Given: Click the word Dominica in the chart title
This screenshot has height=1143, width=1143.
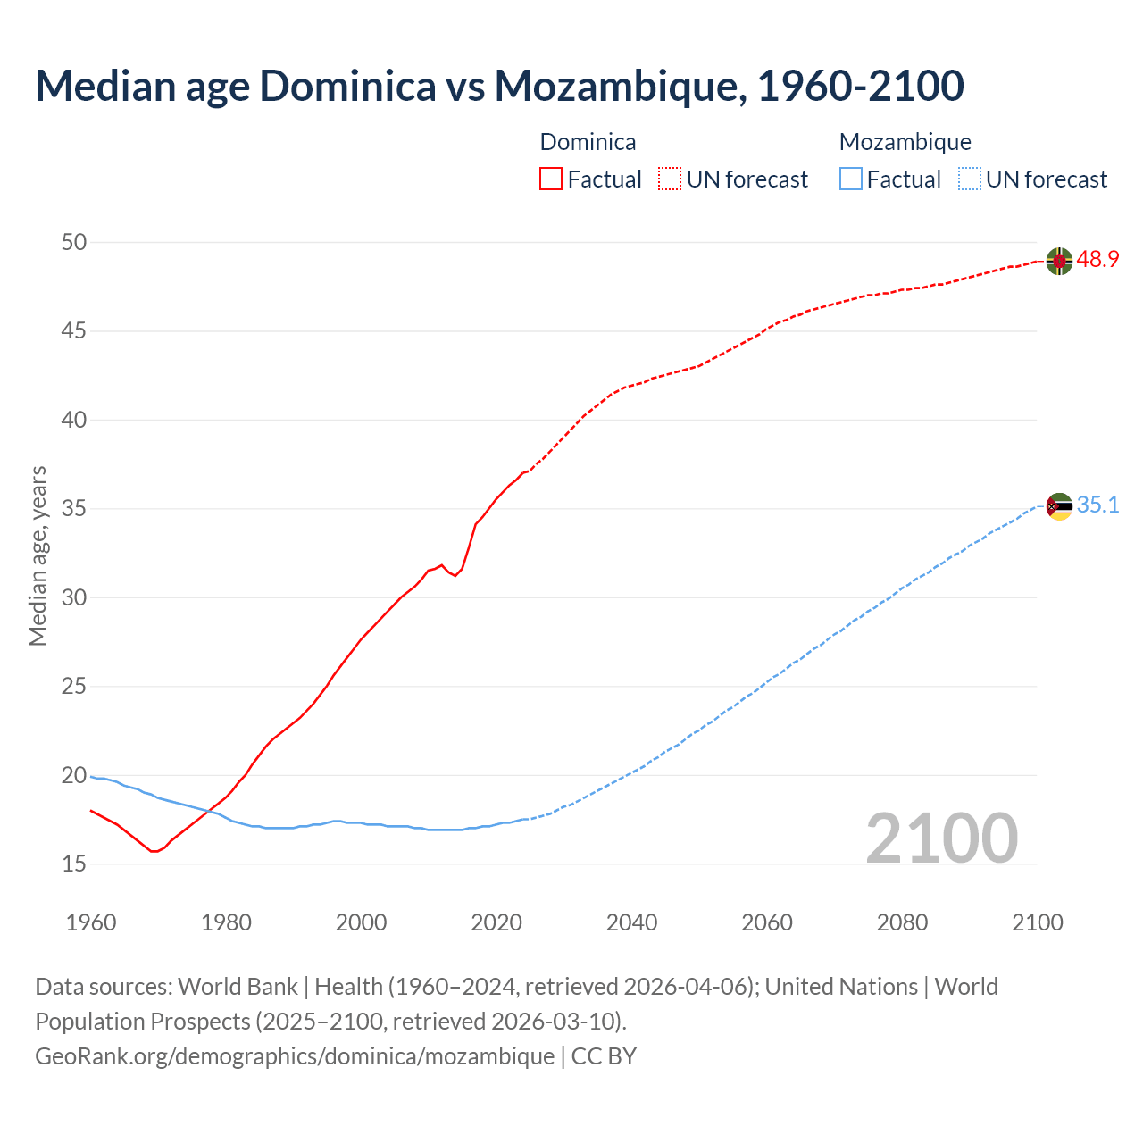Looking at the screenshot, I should click(347, 86).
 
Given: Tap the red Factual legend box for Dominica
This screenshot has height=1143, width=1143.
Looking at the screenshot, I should click(551, 179).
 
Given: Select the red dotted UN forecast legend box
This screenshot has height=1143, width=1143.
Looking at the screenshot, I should click(670, 179).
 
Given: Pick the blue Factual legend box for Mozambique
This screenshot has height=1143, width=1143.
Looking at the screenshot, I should click(850, 179).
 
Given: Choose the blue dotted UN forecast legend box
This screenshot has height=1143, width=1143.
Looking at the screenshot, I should click(969, 179).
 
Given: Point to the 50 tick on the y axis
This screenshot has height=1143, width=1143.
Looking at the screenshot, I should click(75, 242).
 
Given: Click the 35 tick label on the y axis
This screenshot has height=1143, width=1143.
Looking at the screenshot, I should click(75, 509).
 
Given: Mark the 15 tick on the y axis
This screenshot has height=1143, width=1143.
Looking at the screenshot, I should click(75, 864).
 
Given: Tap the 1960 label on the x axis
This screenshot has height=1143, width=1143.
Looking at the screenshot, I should click(91, 922).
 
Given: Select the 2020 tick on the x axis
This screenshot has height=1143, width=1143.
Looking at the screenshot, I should click(496, 922).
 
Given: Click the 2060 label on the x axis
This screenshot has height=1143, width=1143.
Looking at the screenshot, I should click(767, 922).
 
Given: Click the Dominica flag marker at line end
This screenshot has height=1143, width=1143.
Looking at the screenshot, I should click(1059, 261).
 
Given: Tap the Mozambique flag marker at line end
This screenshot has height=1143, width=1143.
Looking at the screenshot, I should click(1059, 506).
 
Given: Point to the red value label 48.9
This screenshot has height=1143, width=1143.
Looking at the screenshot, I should click(1097, 260).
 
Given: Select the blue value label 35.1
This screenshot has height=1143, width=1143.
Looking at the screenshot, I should click(1097, 505).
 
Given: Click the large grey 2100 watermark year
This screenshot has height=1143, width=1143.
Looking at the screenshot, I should click(941, 838).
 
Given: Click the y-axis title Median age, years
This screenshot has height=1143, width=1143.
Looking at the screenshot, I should click(38, 555).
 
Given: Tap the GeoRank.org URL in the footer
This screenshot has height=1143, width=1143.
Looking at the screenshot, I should click(295, 1055).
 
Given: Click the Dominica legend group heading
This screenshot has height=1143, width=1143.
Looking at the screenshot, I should click(588, 142).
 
